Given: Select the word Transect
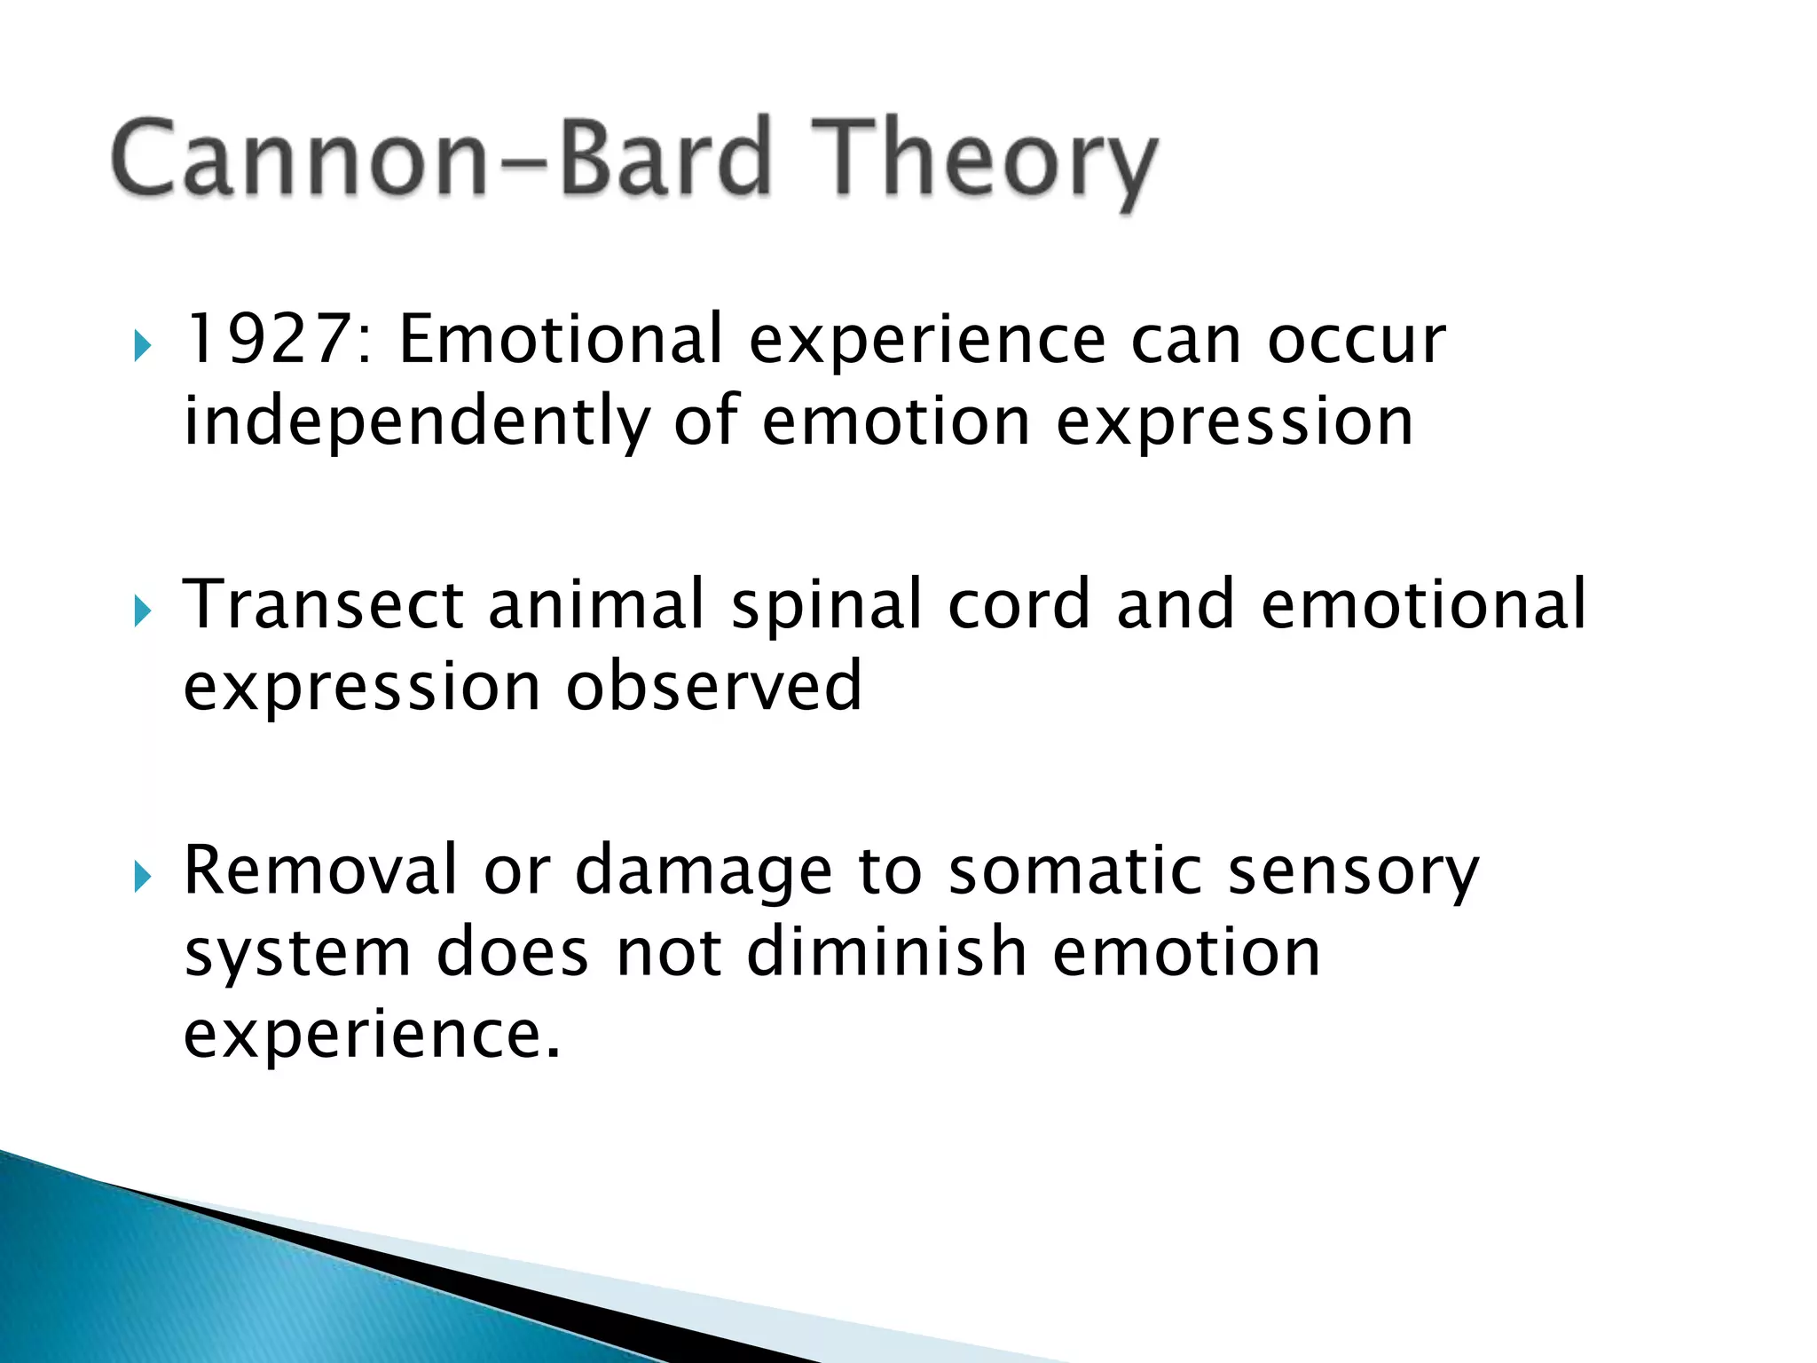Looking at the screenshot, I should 323,605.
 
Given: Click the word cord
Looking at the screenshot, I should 1019,605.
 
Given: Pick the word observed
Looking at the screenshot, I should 713,687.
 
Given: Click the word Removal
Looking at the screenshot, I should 320,871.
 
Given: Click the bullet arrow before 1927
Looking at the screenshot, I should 142,345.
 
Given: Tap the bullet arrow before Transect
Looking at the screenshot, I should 142,611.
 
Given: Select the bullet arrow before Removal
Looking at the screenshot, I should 142,878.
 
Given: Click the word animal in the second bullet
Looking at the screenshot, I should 596,605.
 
